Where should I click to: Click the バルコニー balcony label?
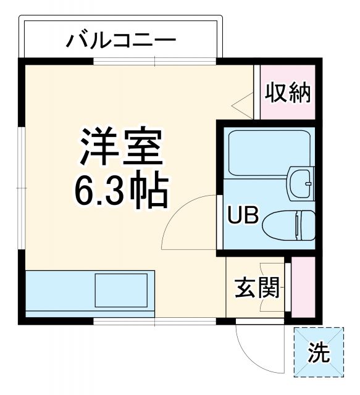coord(122,42)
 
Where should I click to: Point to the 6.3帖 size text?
coord(121,192)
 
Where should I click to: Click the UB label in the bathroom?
coord(242,216)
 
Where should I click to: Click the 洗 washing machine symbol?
coord(319,352)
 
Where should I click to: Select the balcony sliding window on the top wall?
coord(154,60)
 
